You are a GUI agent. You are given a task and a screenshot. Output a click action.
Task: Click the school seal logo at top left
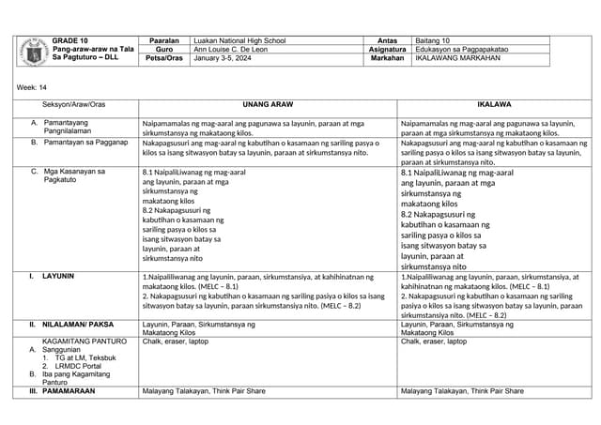[34, 51]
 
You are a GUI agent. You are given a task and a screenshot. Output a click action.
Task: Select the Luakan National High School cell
[239, 41]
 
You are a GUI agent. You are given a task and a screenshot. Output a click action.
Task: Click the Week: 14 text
[32, 87]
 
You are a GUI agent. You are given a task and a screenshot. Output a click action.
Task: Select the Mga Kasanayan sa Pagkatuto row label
[75, 175]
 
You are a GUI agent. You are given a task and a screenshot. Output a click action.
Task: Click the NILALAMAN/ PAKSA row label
[78, 325]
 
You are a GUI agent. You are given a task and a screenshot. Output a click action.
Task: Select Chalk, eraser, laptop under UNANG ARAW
[176, 342]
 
